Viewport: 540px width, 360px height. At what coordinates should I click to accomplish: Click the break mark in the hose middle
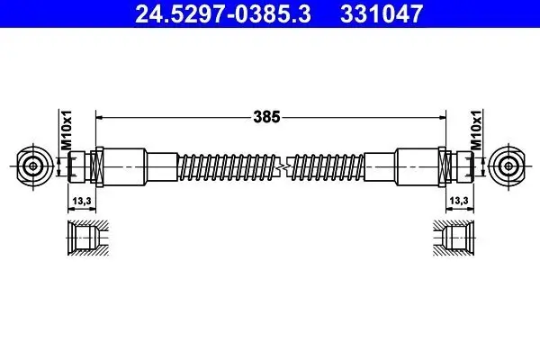click(x=279, y=166)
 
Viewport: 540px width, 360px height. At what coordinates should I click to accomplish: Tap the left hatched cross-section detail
click(x=87, y=236)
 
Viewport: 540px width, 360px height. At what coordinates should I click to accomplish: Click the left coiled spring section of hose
click(x=225, y=166)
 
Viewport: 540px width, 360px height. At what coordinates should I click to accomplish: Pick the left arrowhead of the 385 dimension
click(x=101, y=116)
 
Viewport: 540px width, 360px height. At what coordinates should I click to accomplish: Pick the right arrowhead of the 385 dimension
click(x=442, y=116)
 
